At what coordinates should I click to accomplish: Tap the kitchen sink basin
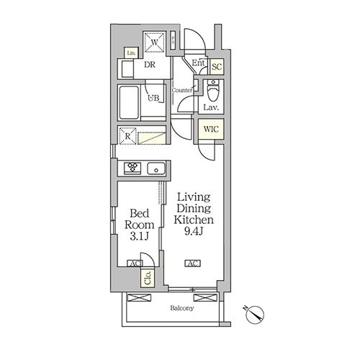[156, 168]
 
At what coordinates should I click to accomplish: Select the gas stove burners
[132, 168]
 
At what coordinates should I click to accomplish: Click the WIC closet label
[211, 130]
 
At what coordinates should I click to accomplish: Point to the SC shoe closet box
[217, 66]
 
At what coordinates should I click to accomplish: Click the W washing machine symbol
[155, 42]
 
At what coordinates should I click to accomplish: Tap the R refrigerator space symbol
[128, 136]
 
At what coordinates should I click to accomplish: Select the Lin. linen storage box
[131, 53]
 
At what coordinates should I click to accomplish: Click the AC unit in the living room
[192, 264]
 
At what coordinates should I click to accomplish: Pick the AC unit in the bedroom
[135, 264]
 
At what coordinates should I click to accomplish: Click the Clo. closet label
[148, 278]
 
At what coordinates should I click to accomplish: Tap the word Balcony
[181, 308]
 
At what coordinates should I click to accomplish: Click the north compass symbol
[255, 315]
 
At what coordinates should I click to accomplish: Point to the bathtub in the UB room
[129, 102]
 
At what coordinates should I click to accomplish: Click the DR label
[150, 65]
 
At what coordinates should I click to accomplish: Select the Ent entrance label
[198, 63]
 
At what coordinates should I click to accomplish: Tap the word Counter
[181, 90]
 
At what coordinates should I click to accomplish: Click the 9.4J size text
[194, 231]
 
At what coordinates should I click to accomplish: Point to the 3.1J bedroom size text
[140, 236]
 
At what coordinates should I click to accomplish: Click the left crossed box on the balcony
[139, 298]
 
